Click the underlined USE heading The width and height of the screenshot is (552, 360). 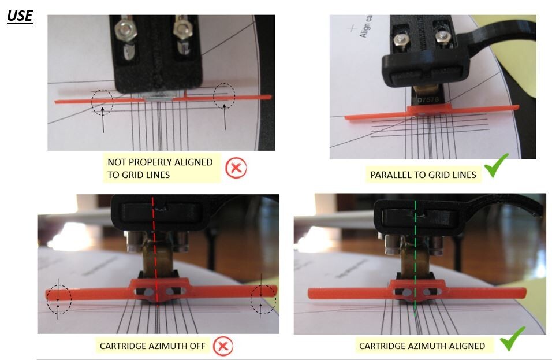20,15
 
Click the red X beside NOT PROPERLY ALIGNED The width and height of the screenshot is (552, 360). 235,169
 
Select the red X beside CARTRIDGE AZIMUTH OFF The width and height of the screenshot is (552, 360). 222,347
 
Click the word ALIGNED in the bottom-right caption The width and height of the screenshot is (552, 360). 465,346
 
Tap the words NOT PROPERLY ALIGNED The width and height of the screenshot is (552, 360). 160,162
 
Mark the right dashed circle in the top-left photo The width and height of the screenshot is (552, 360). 224,96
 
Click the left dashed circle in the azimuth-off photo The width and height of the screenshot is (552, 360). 58,298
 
